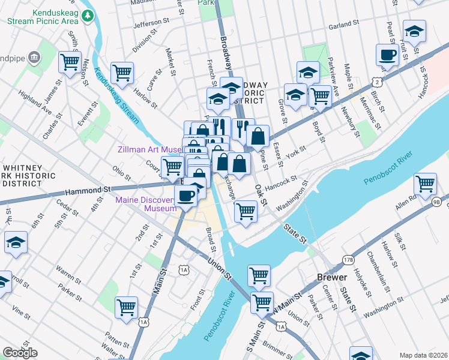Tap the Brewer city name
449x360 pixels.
tap(331, 278)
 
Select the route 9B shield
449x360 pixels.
tap(436, 202)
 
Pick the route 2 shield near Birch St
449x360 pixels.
tap(377, 80)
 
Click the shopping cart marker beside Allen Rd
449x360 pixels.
tap(425, 183)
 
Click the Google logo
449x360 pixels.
tap(20, 353)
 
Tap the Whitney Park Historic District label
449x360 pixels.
tap(28, 176)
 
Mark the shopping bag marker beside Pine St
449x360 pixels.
tap(258, 136)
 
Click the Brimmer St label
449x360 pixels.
tap(278, 347)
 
